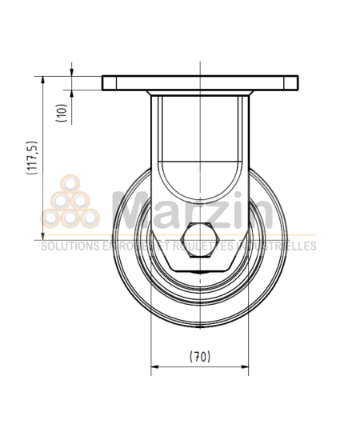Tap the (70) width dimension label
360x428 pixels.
198,357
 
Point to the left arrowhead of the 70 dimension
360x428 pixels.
154,368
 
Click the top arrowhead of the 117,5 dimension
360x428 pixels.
40,78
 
